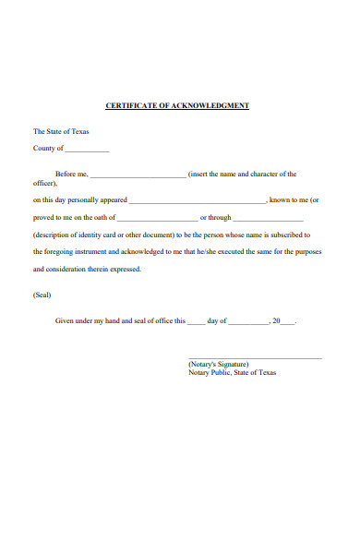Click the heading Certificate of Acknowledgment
(x=177, y=106)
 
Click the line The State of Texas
(x=61, y=131)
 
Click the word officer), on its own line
(x=45, y=184)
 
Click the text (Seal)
(x=42, y=295)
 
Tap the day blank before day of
(x=196, y=322)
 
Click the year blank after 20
(x=287, y=322)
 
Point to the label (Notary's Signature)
(x=218, y=365)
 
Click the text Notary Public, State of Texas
(x=232, y=373)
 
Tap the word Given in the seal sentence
(x=66, y=320)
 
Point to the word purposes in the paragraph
(x=306, y=251)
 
